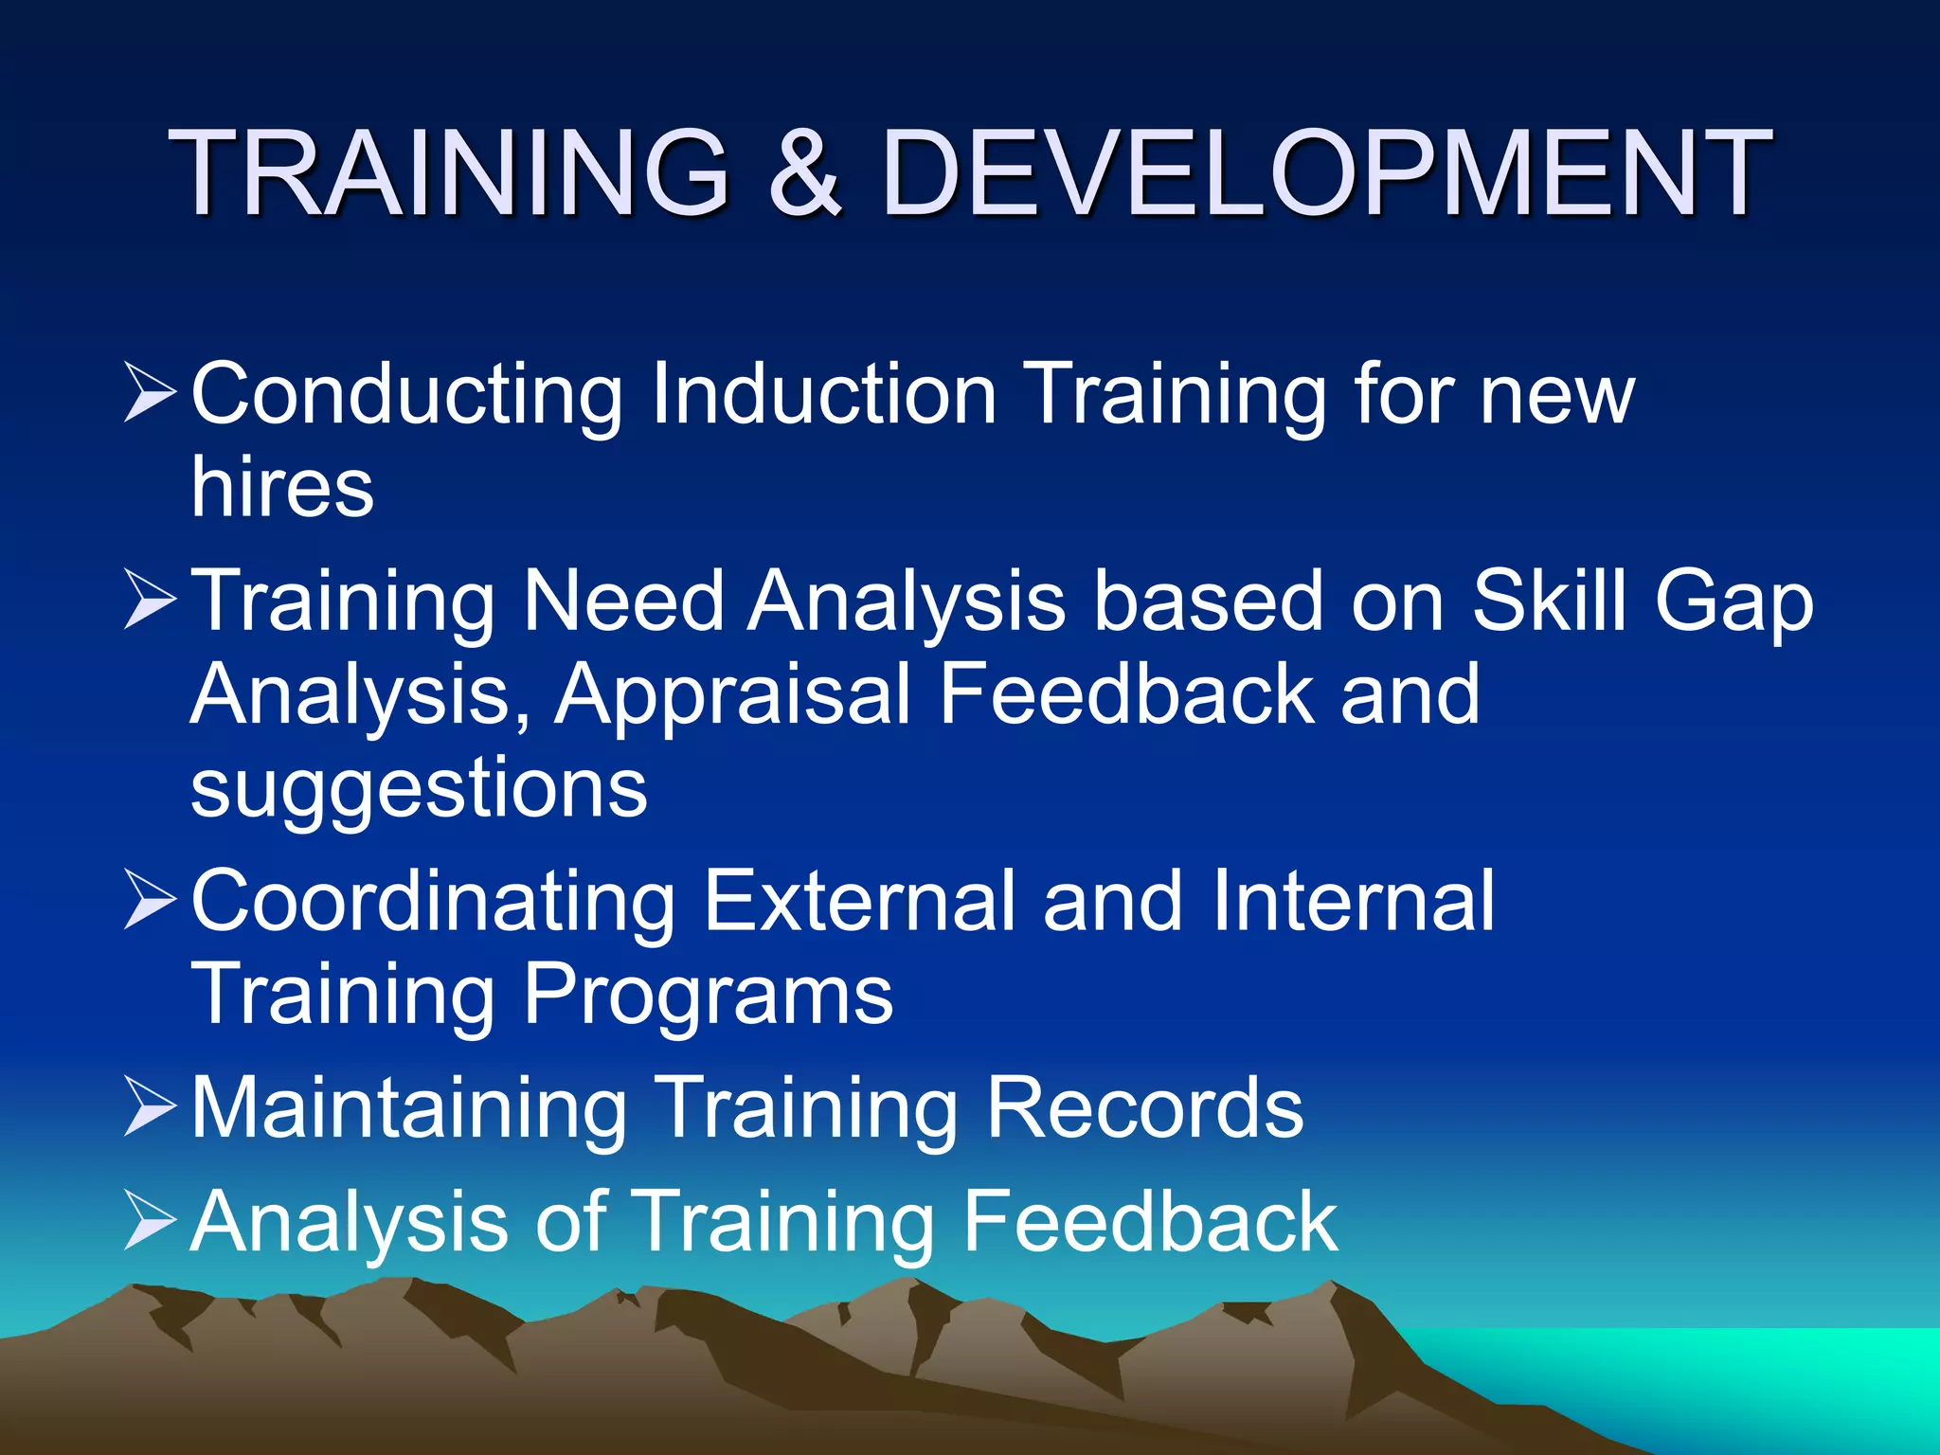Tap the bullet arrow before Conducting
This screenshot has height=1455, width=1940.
pos(150,393)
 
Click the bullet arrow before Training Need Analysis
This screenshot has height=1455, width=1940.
pos(150,601)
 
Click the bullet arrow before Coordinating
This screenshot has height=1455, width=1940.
pos(150,901)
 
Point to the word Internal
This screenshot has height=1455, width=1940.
pos(1353,901)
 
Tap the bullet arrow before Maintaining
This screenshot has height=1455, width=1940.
pos(150,1108)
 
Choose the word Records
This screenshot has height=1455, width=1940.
pos(1144,1108)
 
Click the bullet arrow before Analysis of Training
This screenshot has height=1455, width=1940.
pos(150,1222)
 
